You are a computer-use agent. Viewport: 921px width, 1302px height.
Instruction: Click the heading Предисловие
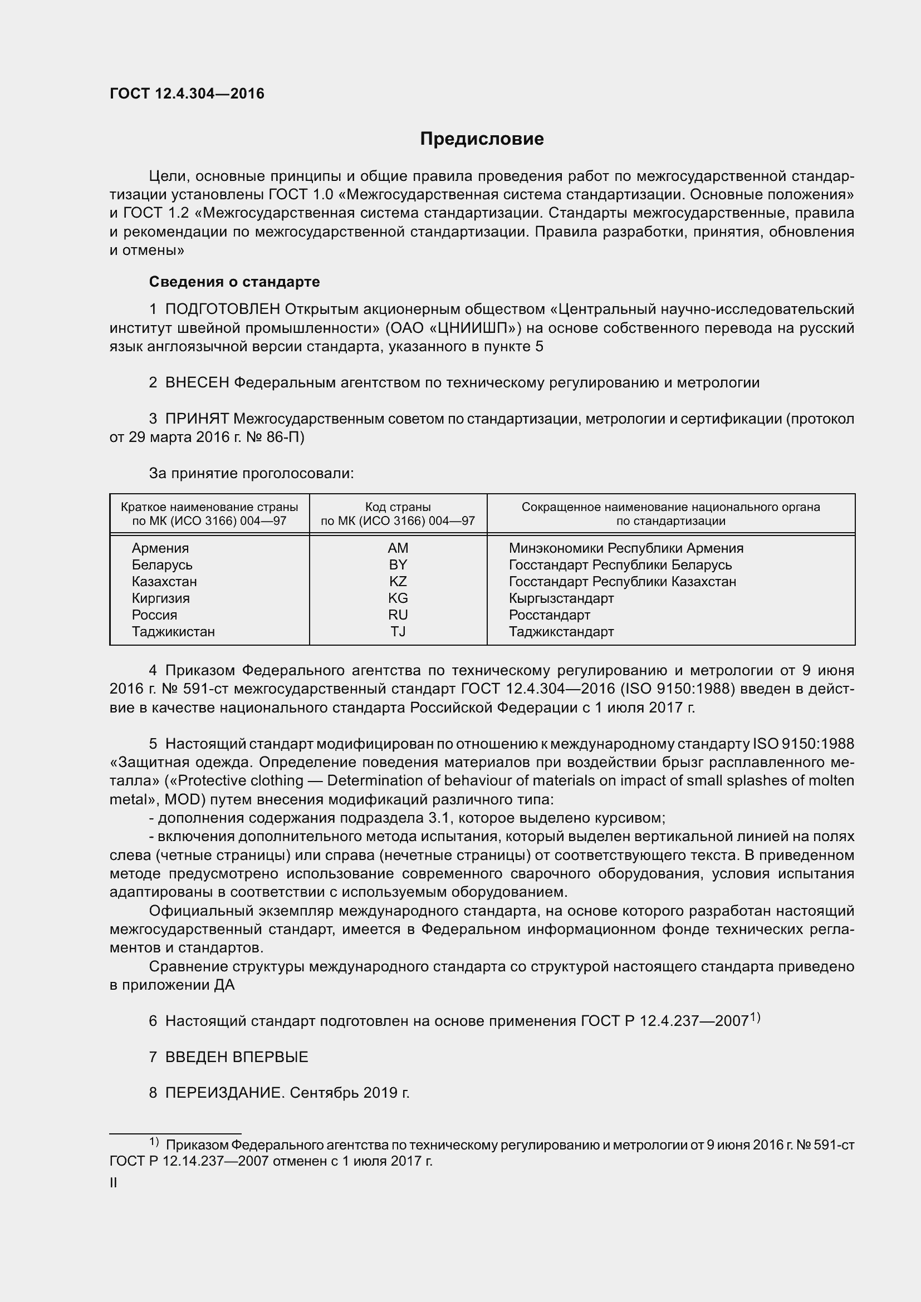tap(482, 139)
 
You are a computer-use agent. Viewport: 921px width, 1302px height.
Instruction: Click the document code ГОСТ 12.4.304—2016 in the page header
tap(187, 94)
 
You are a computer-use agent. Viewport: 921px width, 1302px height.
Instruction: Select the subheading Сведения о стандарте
tap(234, 282)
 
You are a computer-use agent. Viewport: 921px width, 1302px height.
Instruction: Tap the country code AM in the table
tap(398, 548)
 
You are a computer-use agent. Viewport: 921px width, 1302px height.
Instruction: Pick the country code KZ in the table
tap(398, 581)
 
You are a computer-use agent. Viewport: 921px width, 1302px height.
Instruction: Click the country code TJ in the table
tap(398, 631)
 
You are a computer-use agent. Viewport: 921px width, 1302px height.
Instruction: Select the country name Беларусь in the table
tap(161, 565)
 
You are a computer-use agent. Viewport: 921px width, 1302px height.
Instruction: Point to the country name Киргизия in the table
tap(160, 598)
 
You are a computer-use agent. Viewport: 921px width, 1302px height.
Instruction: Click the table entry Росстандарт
tap(549, 615)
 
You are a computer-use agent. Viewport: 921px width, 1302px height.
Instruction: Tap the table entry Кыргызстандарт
tap(561, 598)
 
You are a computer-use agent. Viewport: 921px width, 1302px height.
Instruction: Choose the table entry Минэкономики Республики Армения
tap(625, 548)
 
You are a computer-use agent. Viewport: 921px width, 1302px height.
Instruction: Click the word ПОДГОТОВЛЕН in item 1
tap(222, 309)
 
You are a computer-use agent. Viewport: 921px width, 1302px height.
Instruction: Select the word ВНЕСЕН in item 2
tap(197, 383)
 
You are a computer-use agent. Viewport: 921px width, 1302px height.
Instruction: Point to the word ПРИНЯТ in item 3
tap(197, 419)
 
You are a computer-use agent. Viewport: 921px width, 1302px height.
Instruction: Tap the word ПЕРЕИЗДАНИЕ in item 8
tap(223, 1093)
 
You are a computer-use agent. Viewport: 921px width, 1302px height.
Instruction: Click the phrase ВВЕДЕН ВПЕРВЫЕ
tap(237, 1057)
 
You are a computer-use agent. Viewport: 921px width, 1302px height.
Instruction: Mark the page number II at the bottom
tap(114, 1183)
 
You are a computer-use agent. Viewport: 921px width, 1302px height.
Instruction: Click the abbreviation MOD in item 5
tap(180, 799)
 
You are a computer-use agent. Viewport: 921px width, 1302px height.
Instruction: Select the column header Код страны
tap(398, 507)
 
